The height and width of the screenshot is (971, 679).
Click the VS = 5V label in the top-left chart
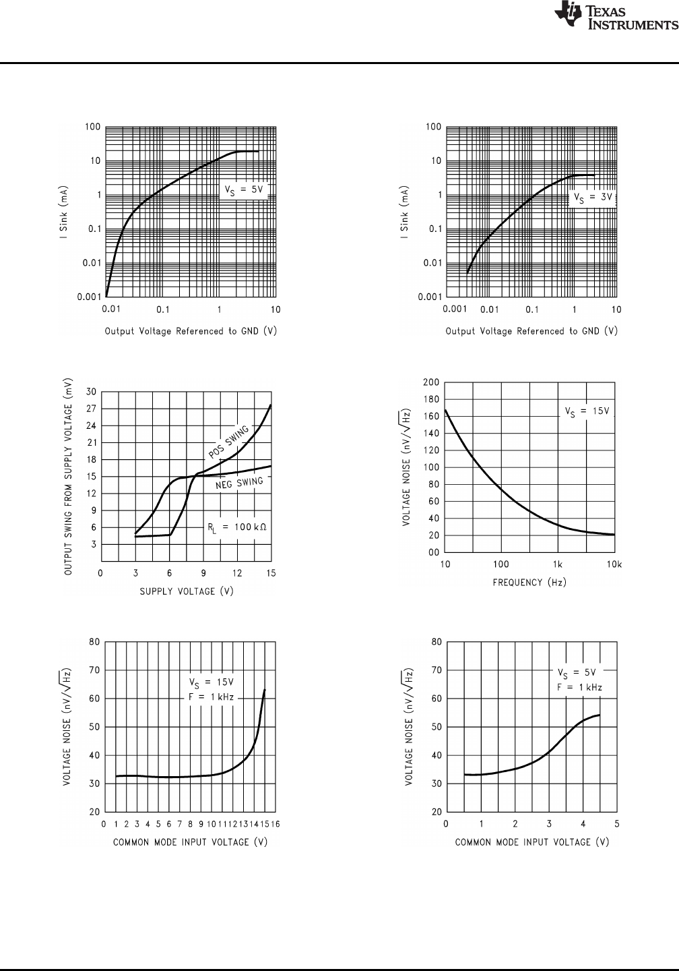(244, 190)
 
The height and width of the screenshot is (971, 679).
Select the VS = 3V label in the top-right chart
(592, 198)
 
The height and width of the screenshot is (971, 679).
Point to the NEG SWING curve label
(239, 485)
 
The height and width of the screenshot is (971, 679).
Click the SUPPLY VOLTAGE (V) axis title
(177, 591)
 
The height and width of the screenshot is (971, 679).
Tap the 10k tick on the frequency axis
(614, 564)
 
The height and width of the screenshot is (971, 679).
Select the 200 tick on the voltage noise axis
(431, 382)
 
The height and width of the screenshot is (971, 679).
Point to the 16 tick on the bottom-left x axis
(276, 825)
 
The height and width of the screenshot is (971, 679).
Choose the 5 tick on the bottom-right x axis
(617, 825)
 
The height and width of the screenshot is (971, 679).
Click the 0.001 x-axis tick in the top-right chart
(455, 310)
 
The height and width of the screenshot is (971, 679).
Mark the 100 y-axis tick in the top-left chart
(93, 127)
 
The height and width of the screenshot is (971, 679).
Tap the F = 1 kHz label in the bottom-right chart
(579, 688)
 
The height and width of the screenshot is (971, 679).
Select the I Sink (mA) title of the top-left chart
(62, 212)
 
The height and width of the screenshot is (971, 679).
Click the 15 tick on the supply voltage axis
(271, 573)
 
